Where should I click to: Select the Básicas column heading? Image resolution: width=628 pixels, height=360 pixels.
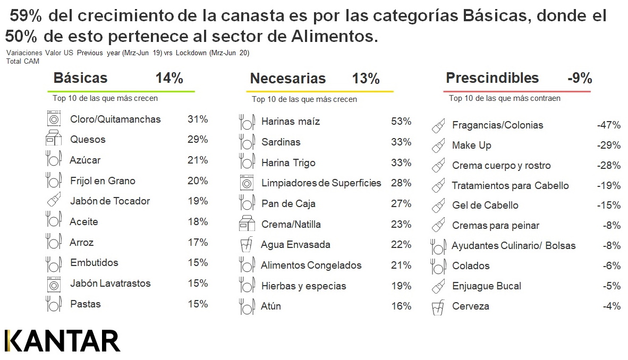80,79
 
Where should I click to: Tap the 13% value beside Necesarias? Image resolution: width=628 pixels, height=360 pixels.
366,79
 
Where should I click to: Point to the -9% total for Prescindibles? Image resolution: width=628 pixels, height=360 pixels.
579,79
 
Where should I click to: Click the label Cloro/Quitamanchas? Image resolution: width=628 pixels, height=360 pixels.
115,119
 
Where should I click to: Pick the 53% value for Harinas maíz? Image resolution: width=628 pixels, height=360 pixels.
401,122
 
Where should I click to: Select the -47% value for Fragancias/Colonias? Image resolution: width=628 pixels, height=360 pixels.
608,125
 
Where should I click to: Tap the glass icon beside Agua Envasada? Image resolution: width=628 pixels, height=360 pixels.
246,245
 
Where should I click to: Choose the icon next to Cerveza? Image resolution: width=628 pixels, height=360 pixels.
438,306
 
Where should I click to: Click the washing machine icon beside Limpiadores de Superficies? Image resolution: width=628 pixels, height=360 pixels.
247,183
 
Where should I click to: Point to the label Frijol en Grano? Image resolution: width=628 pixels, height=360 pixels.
103,181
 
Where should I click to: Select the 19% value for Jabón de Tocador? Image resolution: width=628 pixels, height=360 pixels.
198,201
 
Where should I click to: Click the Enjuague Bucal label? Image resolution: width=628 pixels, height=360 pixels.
486,286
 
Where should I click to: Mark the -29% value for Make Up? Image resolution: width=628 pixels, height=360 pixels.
608,145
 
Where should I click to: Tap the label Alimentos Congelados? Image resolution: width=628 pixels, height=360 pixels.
311,265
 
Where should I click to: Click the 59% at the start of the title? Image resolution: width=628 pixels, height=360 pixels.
26,16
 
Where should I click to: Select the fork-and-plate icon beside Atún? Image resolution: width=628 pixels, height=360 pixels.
246,306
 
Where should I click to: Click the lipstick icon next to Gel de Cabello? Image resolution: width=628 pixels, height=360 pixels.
438,205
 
